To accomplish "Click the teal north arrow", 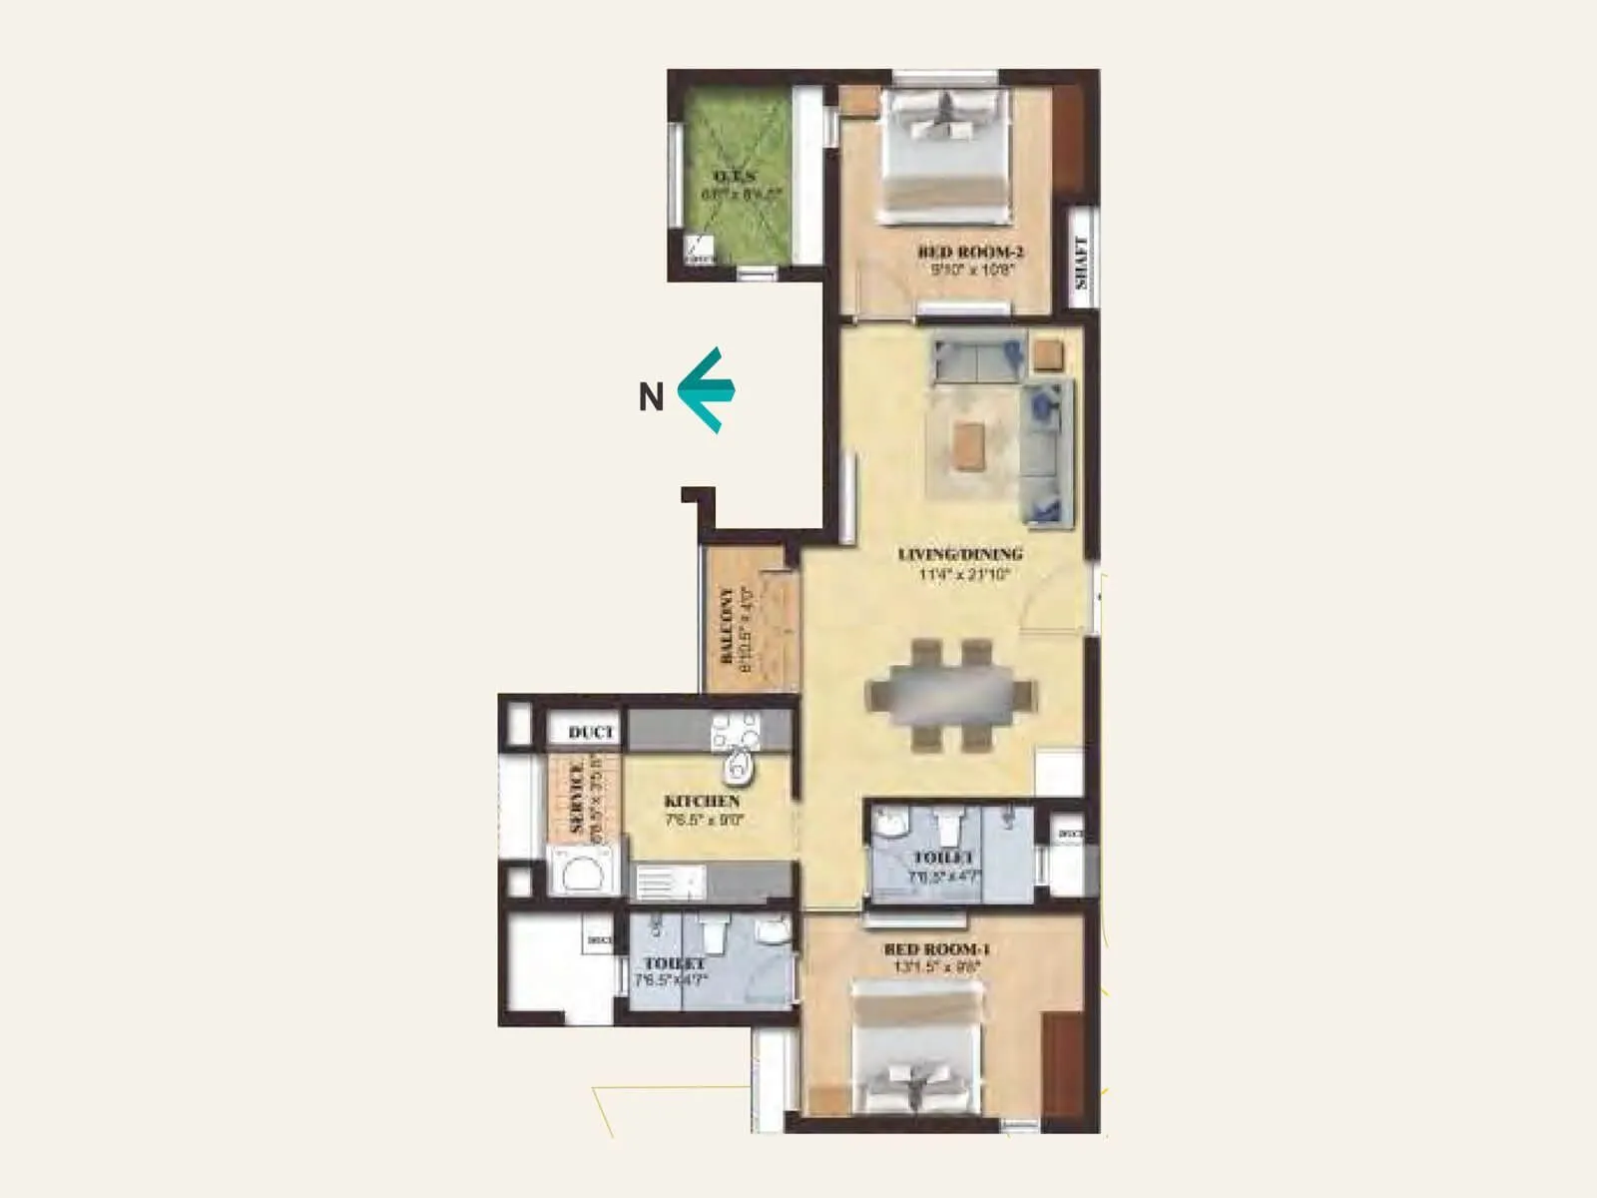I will (707, 389).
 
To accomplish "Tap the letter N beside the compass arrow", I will (651, 397).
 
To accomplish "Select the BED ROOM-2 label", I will (970, 253).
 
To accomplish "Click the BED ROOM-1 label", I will (936, 949).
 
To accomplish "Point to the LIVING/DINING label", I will (960, 554).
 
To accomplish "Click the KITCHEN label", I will (703, 801).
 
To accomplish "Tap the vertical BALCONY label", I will (727, 625).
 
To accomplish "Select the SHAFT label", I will (1081, 262).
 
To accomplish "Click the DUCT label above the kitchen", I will (591, 733).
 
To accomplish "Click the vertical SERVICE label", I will (576, 799).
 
